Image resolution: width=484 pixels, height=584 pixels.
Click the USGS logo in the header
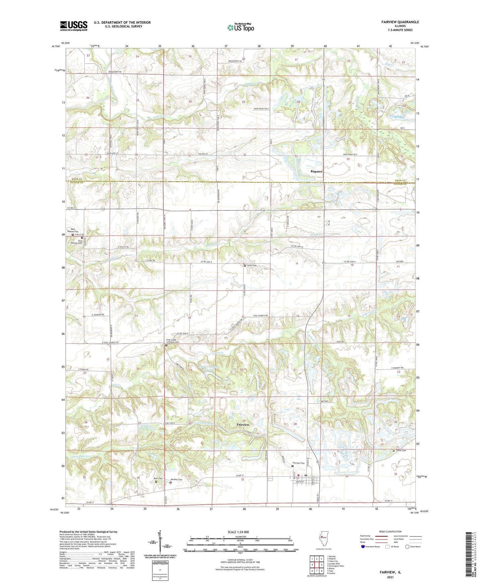coord(74,26)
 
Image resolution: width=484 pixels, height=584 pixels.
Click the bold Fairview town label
coord(243,424)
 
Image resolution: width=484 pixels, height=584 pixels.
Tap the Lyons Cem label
coord(252,266)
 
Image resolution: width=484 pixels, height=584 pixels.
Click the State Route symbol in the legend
coord(407,547)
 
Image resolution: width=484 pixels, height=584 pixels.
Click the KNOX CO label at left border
coord(77,180)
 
